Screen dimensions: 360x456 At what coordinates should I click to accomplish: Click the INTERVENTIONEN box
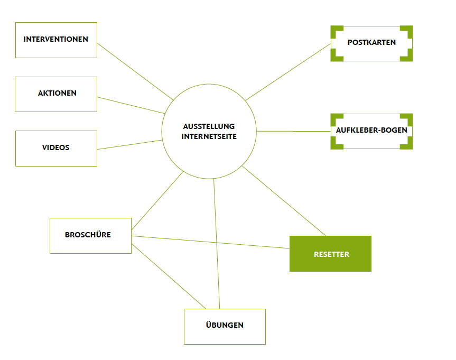coord(56,40)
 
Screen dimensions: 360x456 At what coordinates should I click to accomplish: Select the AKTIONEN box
coord(56,94)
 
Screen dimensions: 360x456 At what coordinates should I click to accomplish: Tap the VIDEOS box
coord(56,148)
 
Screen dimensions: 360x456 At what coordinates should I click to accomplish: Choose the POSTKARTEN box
coord(371,43)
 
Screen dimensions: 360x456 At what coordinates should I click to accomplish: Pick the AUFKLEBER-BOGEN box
coord(371,131)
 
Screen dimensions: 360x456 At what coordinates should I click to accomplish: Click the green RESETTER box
coord(330,254)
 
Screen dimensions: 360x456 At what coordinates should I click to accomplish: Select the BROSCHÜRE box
coord(90,235)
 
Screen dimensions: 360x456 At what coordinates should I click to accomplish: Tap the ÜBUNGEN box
coord(225,326)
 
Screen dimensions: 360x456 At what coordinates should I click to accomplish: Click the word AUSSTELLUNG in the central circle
coord(209,127)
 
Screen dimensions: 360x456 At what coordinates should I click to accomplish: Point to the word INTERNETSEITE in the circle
coord(209,136)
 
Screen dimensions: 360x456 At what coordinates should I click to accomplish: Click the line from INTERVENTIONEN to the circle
coord(135,72)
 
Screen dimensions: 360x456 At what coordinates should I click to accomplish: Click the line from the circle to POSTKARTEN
coord(288,72)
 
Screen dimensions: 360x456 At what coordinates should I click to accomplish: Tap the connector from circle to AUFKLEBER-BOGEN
coord(293,131)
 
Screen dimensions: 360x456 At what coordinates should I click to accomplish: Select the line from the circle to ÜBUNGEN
coord(216,243)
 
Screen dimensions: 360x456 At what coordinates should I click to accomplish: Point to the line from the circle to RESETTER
coord(284,200)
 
